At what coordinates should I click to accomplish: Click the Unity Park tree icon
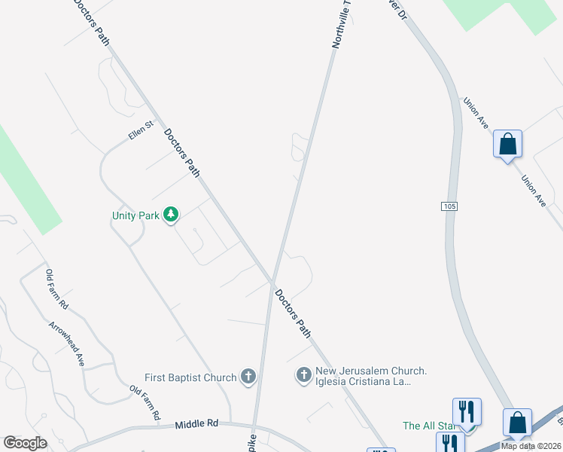(172, 215)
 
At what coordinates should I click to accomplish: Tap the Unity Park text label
(136, 215)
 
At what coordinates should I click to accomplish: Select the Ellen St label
(141, 134)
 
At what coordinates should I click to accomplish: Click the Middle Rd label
(196, 424)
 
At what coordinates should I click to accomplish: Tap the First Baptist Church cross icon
(249, 377)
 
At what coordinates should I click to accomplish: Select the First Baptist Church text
(190, 377)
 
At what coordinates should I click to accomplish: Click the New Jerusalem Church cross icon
(303, 374)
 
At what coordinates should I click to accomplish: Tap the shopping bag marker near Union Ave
(507, 143)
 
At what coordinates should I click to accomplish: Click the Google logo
(26, 443)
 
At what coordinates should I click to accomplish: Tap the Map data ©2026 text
(530, 445)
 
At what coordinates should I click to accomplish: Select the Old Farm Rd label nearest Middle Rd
(145, 403)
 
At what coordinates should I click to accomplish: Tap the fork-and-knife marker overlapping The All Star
(467, 411)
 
